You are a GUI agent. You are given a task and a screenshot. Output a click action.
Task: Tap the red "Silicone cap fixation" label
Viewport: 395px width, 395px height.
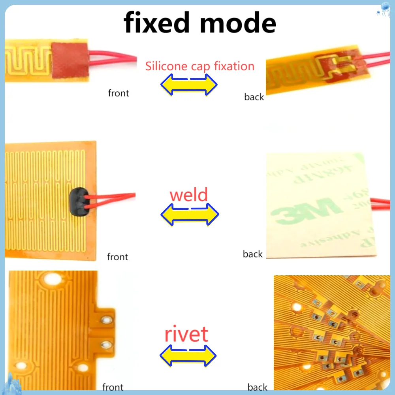tap(199, 66)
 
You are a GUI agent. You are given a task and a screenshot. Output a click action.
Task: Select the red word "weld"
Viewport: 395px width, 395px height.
tap(188, 195)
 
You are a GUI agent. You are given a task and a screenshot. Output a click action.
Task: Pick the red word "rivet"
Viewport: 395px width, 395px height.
tap(186, 335)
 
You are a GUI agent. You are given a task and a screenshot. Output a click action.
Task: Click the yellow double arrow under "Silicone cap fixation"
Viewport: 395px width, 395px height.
tap(189, 83)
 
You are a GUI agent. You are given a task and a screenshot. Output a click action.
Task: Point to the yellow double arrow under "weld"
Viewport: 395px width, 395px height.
tap(190, 214)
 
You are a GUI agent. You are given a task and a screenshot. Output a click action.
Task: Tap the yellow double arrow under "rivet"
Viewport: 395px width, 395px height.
tap(188, 355)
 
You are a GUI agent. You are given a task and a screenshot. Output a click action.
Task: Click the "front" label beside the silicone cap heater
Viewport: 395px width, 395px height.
tap(118, 93)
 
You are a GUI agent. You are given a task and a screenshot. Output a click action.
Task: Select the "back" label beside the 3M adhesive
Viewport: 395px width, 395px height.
tap(253, 254)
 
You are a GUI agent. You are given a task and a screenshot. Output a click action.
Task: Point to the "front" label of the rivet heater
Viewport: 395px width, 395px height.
tap(113, 387)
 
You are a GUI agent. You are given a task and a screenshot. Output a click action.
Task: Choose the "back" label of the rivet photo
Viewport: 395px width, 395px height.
tap(258, 387)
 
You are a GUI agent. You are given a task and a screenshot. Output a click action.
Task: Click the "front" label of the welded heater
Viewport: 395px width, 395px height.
tap(118, 257)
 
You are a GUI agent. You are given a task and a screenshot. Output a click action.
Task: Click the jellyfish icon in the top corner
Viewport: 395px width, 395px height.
tap(384, 9)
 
